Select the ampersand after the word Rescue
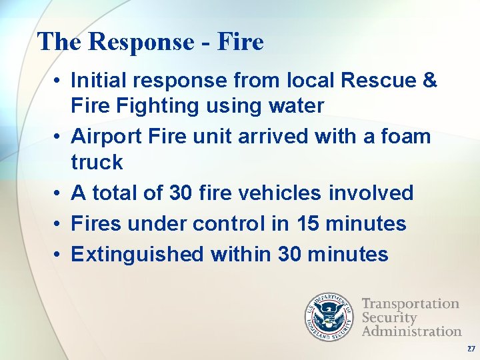(430, 81)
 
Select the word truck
(97, 162)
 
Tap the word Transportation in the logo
(410, 304)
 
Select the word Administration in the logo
(411, 331)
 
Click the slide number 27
(471, 349)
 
